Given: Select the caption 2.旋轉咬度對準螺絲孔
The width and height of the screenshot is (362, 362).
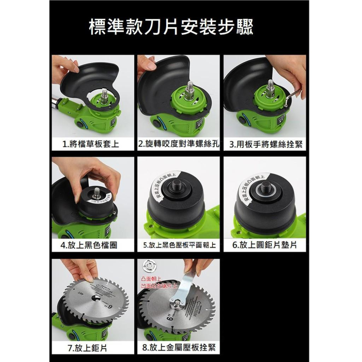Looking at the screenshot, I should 179,145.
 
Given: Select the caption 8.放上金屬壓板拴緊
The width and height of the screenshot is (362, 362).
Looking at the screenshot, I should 179,348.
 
